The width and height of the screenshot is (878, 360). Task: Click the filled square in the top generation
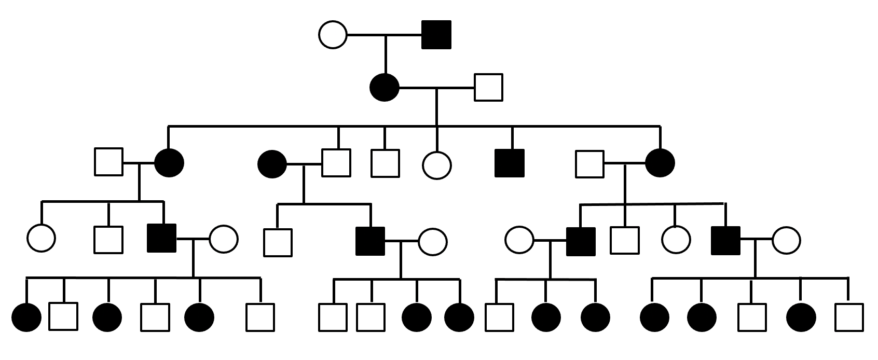(436, 35)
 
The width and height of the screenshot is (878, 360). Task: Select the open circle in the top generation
(333, 35)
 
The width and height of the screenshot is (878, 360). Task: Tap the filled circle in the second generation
(385, 87)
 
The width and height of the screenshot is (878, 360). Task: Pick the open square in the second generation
(488, 87)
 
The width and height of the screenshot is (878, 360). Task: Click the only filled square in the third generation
(510, 163)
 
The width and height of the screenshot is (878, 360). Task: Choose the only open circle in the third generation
(436, 165)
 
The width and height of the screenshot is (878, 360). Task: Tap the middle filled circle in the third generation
(272, 164)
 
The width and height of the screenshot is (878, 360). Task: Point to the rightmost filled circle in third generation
(660, 162)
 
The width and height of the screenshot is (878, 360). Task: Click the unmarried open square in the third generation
(385, 163)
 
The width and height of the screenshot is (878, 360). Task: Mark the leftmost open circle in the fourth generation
(41, 238)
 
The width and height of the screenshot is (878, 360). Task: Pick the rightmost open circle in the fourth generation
(786, 240)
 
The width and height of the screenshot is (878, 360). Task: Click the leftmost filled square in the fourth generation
(162, 238)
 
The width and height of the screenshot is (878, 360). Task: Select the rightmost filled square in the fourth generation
(725, 241)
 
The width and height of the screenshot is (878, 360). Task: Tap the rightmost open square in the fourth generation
(625, 240)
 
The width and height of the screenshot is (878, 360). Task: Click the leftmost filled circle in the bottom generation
(26, 317)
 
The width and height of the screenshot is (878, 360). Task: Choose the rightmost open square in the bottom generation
(849, 317)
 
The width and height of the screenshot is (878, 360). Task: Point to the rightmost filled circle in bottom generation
(801, 317)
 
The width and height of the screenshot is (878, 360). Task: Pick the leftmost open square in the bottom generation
(63, 316)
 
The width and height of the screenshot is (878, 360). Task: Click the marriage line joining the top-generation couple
(384, 35)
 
